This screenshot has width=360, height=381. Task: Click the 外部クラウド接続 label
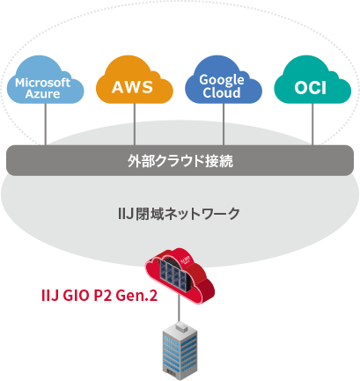(180, 162)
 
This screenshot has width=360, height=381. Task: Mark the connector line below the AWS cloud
(135, 132)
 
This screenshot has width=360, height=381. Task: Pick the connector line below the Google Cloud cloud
(224, 132)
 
